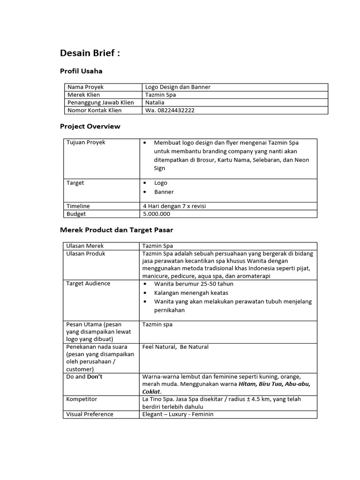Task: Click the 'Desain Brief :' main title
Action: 90,53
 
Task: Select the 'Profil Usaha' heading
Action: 81,71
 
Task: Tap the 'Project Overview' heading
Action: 90,126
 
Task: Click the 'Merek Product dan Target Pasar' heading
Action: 117,230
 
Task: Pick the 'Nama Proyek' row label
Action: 85,87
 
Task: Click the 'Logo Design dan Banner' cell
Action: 178,87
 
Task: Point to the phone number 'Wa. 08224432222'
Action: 170,110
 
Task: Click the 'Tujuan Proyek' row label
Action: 86,142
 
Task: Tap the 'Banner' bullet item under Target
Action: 164,192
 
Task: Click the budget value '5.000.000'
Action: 157,214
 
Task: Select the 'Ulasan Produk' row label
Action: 86,254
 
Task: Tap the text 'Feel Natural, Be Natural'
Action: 175,347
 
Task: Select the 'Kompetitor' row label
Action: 82,399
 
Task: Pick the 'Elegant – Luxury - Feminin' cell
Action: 178,414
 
